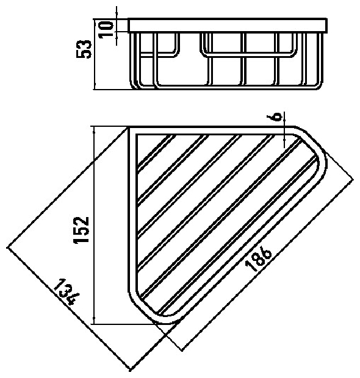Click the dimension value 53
tap(84, 49)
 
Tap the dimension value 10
tap(106, 29)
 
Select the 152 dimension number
tap(82, 230)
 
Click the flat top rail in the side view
tap(228, 25)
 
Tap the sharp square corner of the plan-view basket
tap(129, 127)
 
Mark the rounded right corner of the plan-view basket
tap(319, 149)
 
